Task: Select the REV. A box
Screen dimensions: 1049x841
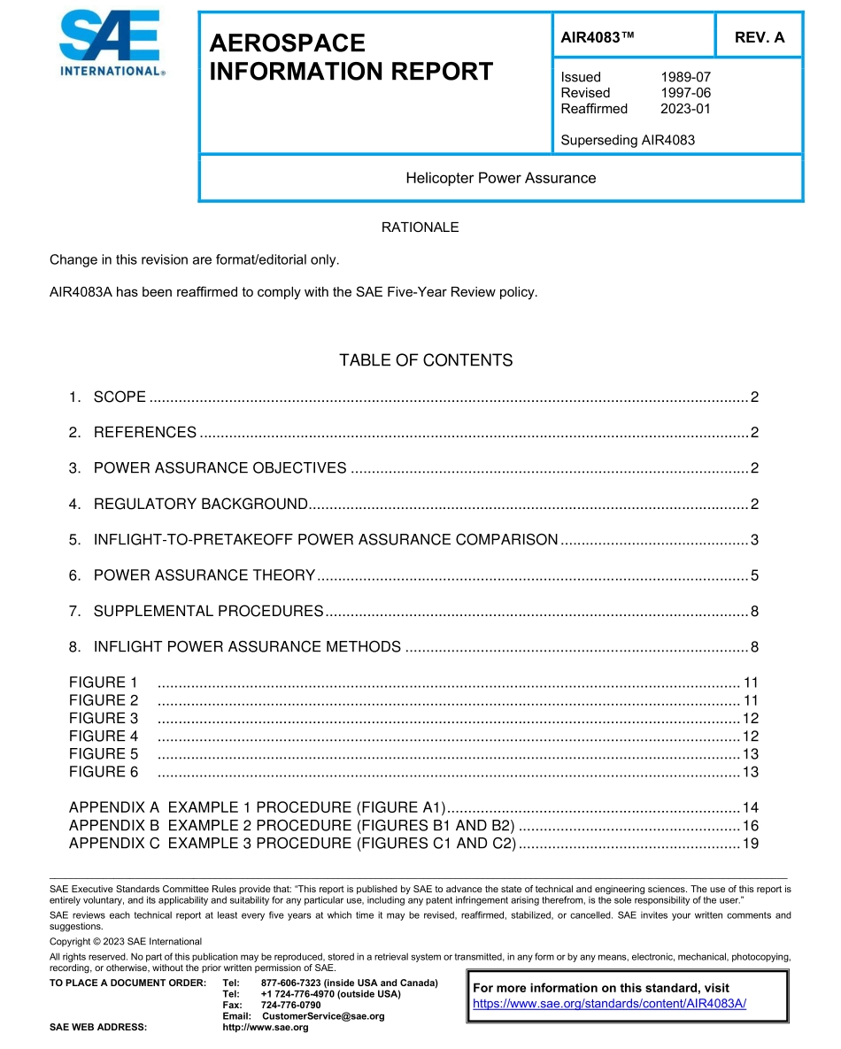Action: (759, 38)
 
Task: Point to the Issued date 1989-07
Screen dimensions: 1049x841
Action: (685, 77)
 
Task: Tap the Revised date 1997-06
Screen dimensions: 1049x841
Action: (685, 93)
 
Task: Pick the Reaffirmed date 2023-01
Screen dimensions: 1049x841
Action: (685, 109)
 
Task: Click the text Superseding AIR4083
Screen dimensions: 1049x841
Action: (627, 140)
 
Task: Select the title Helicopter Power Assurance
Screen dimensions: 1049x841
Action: (500, 178)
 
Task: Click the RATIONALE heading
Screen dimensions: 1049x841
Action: (420, 228)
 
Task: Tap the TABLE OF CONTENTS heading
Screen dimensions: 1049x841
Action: (425, 360)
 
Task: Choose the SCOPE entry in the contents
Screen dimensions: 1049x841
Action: (120, 397)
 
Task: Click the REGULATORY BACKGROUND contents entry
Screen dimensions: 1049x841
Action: (200, 505)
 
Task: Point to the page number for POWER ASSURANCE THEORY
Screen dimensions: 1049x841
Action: (754, 576)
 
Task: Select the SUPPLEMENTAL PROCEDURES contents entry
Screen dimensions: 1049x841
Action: (208, 612)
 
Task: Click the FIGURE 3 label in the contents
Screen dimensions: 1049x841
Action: (104, 719)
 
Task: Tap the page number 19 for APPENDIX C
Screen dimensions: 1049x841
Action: (750, 844)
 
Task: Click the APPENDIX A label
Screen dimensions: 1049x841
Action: (114, 808)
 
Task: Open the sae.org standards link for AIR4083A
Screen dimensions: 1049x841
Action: (609, 1003)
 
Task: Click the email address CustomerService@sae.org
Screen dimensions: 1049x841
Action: (323, 1016)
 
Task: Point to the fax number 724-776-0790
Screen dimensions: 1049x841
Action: (291, 1006)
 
